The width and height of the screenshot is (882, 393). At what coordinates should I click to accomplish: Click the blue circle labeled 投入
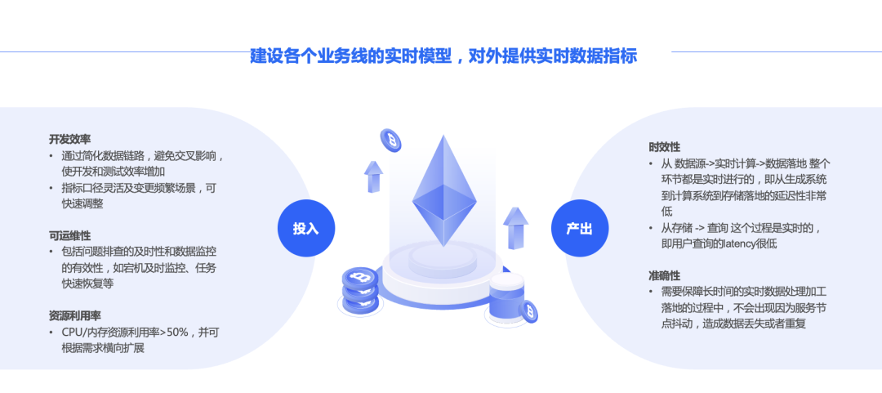click(x=306, y=228)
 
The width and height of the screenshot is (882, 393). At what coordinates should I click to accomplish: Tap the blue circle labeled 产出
click(x=579, y=228)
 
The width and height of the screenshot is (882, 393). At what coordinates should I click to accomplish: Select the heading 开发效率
click(x=69, y=139)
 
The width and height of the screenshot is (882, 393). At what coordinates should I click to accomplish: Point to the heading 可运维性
click(x=69, y=235)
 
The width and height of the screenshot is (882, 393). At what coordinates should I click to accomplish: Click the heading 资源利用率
click(x=75, y=316)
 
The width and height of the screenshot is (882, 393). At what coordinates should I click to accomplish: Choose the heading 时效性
click(x=664, y=147)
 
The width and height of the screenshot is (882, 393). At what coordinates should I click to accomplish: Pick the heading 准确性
click(x=664, y=276)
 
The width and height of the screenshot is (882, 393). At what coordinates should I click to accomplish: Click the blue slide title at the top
click(x=443, y=56)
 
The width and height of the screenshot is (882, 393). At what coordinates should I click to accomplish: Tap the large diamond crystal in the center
click(x=444, y=190)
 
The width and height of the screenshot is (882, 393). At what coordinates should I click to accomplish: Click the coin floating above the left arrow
click(x=391, y=141)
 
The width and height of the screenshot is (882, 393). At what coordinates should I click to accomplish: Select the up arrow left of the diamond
click(x=373, y=176)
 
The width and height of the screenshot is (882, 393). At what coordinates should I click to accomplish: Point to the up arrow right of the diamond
click(x=515, y=228)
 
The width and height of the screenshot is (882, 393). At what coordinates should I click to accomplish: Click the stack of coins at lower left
click(x=360, y=291)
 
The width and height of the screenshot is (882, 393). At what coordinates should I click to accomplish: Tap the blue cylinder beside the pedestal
click(x=507, y=298)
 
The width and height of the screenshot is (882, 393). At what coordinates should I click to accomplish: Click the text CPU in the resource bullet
click(x=71, y=333)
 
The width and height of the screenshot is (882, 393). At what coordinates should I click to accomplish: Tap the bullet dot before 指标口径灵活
click(x=51, y=188)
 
